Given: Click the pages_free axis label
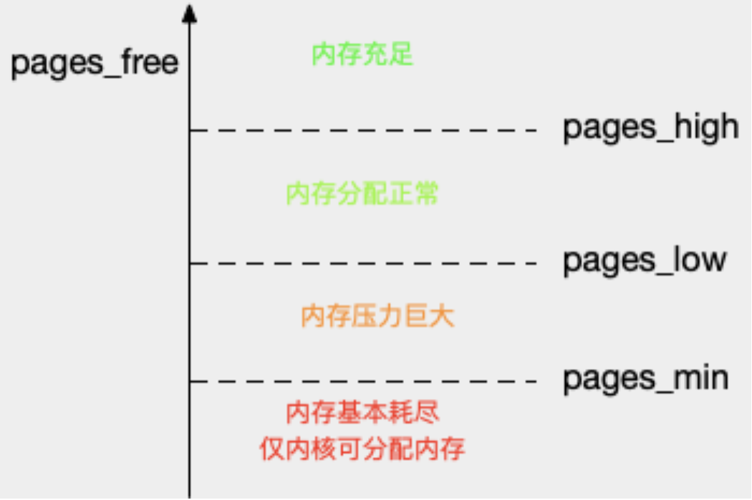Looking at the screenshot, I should pos(94,64).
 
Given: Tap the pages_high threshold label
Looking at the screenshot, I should pos(650,128).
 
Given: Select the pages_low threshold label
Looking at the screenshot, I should pos(645,260).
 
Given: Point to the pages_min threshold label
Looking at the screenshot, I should pos(645,378).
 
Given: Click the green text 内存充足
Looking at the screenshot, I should pos(362,54).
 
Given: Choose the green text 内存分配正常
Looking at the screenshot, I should pos(362,194).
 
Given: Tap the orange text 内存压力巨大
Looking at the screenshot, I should pos(377,316).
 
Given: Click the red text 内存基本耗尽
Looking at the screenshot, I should pos(362,413).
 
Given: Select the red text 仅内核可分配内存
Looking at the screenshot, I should pos(362,449).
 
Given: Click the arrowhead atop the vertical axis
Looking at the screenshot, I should pos(189,13).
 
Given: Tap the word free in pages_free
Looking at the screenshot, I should pos(148,64).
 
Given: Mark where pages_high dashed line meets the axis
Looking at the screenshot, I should pos(190,130).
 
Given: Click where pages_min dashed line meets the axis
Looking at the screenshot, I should pos(190,381).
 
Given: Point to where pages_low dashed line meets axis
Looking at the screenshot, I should pos(190,264).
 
